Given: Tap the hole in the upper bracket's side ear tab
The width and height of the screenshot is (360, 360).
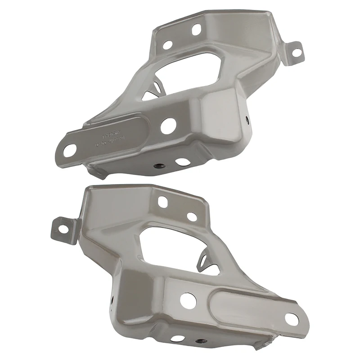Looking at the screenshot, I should click(297, 51).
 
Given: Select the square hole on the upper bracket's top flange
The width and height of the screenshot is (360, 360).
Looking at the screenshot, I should click(196, 29).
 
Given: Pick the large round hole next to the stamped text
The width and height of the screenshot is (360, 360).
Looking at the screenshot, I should click(168, 126).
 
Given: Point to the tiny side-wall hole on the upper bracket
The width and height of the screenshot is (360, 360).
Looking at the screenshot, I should click(247, 120).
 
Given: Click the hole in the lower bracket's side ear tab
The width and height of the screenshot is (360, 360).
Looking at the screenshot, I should click(63, 225).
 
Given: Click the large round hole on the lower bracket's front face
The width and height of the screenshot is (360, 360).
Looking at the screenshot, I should click(189, 301).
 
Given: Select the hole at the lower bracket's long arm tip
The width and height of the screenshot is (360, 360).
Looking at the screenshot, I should click(291, 318).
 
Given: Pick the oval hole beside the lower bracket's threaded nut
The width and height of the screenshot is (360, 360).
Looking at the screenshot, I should click(178, 338).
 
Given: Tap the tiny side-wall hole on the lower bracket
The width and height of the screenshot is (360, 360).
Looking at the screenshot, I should click(111, 297).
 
